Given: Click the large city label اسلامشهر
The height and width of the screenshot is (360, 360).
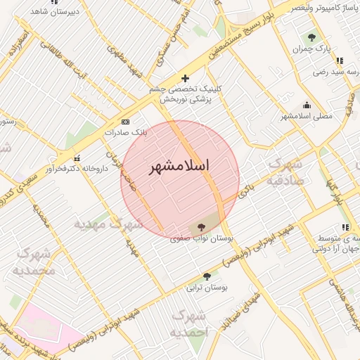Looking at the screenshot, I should click(180, 168).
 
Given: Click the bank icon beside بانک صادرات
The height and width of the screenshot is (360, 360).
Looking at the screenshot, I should click(126, 122).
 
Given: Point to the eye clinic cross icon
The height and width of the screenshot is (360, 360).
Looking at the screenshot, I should click(185, 78).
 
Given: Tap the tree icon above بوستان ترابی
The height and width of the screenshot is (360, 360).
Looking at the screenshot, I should click(206, 276).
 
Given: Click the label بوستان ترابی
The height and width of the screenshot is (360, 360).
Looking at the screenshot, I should click(203, 288).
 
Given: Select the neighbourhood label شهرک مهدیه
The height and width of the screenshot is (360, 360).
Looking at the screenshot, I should click(109, 224).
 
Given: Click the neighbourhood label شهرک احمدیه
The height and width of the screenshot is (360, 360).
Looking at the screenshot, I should click(191, 323).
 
